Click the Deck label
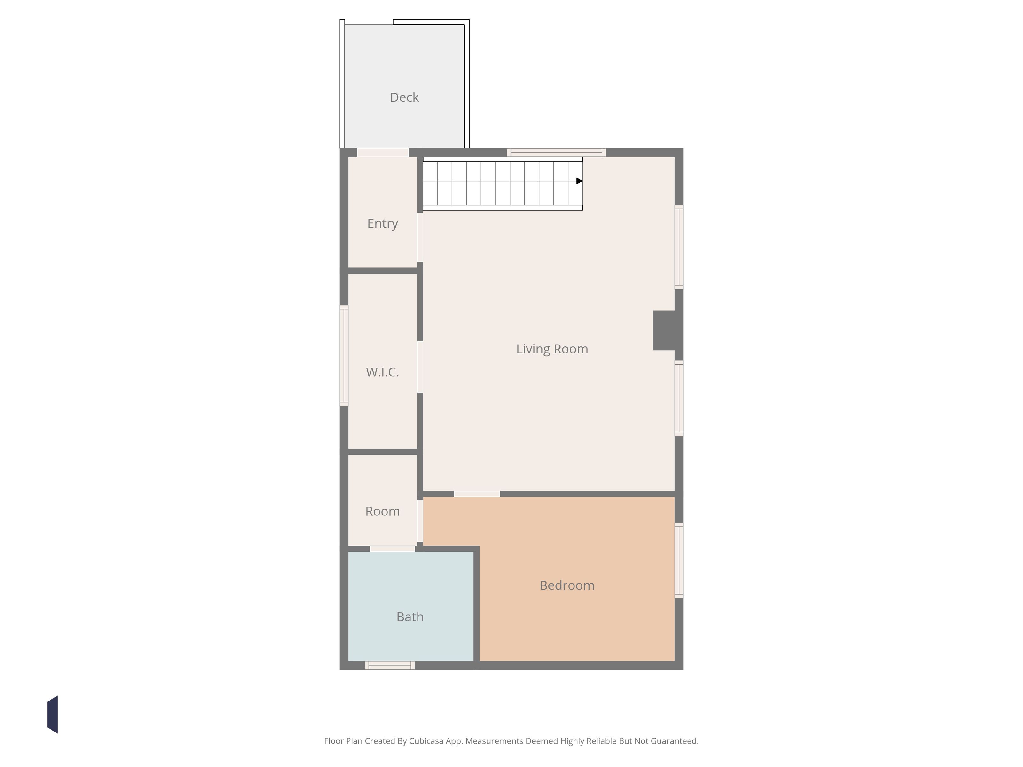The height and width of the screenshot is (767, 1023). [x=404, y=97]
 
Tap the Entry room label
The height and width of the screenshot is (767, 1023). [x=382, y=224]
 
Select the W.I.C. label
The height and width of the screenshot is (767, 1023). [x=382, y=372]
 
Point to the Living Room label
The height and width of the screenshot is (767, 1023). [x=552, y=349]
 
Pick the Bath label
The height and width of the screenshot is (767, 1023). [x=410, y=617]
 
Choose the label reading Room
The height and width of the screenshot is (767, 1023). [x=382, y=511]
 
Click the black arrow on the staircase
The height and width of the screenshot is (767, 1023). [x=579, y=181]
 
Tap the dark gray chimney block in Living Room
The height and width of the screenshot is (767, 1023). [x=664, y=330]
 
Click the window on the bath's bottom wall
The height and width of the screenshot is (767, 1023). [x=389, y=665]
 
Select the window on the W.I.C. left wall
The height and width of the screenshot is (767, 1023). [x=344, y=355]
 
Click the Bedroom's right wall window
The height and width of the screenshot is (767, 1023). [x=679, y=560]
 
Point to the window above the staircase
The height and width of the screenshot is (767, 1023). [x=556, y=152]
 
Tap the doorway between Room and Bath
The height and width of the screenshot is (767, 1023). [x=392, y=549]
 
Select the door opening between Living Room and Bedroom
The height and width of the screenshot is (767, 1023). [x=477, y=494]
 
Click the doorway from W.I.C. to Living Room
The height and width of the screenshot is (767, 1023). [x=420, y=367]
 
